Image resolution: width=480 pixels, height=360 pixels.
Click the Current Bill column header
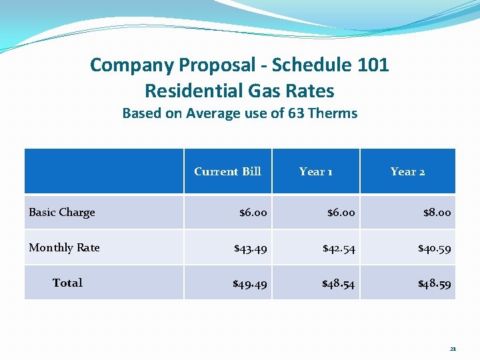coord(227,171)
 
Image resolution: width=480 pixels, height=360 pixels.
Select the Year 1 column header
coord(315,171)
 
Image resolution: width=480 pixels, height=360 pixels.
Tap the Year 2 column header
coord(407,171)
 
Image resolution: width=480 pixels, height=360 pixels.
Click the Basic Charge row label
coord(62,212)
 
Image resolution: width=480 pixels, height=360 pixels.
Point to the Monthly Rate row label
coord(64,247)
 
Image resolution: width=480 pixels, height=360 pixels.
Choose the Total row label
coord(67,283)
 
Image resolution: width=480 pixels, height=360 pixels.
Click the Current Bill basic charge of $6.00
coord(253,213)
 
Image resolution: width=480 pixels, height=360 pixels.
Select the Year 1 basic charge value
coord(341,213)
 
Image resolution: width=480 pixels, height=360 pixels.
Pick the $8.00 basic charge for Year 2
coord(437,213)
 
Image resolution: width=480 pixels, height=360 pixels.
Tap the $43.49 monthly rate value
coord(250,249)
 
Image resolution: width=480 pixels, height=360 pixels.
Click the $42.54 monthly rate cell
coord(339,249)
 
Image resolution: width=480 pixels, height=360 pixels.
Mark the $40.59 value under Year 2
coord(434,249)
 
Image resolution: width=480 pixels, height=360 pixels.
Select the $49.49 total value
coord(250,284)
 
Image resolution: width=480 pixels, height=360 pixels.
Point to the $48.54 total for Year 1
coord(339,284)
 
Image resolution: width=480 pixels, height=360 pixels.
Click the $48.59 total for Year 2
coord(434,284)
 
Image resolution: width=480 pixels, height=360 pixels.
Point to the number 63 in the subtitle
coord(295,113)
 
